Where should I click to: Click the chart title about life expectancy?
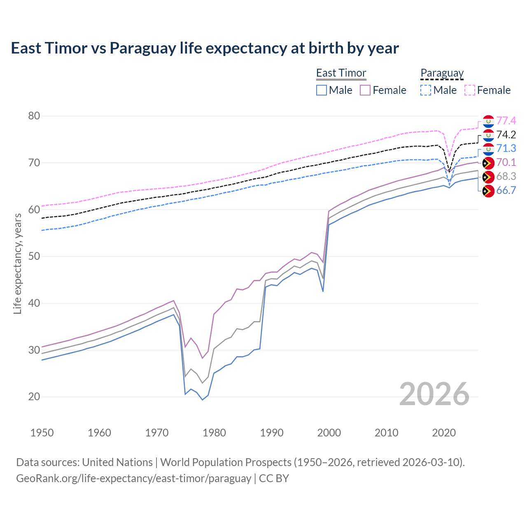coord(205,48)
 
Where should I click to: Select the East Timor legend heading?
coord(341,73)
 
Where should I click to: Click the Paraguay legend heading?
coord(442,73)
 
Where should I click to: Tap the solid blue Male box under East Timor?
coord(322,90)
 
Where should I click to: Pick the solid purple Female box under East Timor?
coord(365,90)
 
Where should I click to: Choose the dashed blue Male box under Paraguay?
coord(426,90)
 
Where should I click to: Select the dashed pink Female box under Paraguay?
coord(470,90)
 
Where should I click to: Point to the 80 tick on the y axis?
coord(34,116)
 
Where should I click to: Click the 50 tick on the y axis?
coord(34,257)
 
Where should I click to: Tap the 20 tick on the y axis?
coord(34,397)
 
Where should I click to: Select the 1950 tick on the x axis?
coord(42,433)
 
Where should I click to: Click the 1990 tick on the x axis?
coord(272,433)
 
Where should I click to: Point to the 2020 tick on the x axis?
coord(444,433)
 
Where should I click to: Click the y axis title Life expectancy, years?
coord(18,263)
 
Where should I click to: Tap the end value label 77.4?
coord(506,121)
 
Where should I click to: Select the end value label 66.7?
coord(506,190)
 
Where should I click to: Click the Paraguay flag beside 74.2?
coord(488,135)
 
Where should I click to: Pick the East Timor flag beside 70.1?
coord(488,163)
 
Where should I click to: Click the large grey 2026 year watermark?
coord(434,394)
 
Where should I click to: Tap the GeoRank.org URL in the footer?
coord(133,478)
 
